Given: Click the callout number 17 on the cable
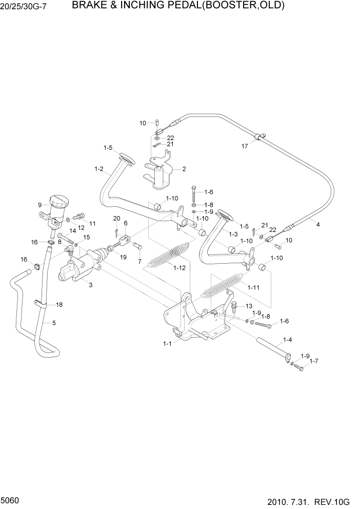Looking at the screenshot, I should point(245,146).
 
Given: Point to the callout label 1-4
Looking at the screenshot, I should point(288,340).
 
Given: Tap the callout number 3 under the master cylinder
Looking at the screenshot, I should point(90,285).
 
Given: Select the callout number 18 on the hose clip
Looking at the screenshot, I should point(59,305).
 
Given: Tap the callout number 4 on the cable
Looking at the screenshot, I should point(317,224).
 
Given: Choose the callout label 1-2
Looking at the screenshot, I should point(99,169).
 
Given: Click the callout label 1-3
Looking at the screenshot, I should point(233,234).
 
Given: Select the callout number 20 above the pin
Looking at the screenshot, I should point(116,219).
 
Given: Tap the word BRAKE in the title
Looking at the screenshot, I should point(88,6).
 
